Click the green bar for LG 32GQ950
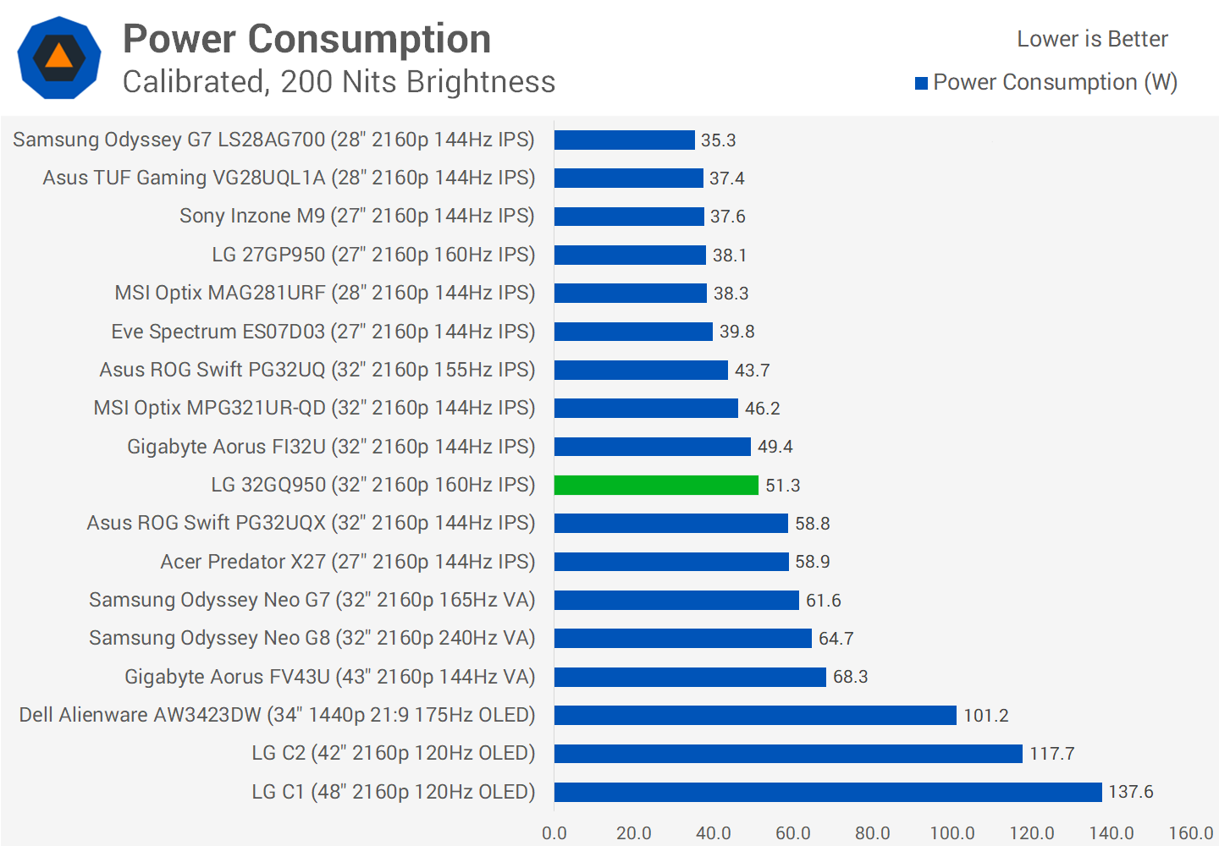(656, 485)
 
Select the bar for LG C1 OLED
(828, 792)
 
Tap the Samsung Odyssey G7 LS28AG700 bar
(625, 140)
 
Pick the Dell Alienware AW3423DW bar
(755, 715)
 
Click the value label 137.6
(1131, 792)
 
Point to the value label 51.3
(783, 486)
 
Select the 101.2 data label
(986, 716)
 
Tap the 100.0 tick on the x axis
(952, 833)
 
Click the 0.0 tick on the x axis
(554, 833)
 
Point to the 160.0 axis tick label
(1191, 833)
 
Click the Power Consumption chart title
(306, 39)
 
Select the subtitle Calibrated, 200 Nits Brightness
(339, 82)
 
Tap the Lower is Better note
(1092, 39)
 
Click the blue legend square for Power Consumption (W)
(922, 83)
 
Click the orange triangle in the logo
(59, 57)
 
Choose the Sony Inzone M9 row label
(357, 216)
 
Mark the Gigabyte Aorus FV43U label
(330, 677)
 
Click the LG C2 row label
(394, 753)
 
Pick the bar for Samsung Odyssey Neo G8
(683, 638)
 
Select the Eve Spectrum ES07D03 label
(323, 332)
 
